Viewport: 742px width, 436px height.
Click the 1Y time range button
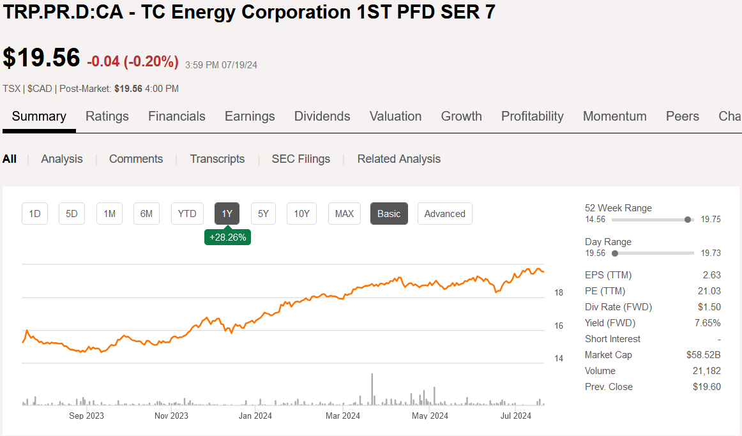point(227,214)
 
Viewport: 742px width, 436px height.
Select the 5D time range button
point(72,214)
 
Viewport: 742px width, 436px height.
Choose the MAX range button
point(344,214)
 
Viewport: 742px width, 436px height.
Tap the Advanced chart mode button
point(444,214)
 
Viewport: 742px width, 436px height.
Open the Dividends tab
point(322,116)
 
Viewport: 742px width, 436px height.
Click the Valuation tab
point(395,116)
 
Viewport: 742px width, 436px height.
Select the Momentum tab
point(614,116)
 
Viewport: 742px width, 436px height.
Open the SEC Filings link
point(301,159)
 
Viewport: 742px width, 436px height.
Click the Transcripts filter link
point(217,159)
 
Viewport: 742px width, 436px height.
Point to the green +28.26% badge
point(227,237)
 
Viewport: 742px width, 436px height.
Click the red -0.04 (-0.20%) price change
point(133,61)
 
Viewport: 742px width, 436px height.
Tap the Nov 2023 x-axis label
point(171,416)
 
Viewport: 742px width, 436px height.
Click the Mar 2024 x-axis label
point(343,416)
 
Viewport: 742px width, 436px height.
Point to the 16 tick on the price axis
point(558,326)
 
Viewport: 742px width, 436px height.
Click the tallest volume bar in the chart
point(371,389)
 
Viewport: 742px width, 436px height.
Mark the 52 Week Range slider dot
point(688,220)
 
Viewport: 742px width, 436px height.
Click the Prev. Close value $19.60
point(706,387)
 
